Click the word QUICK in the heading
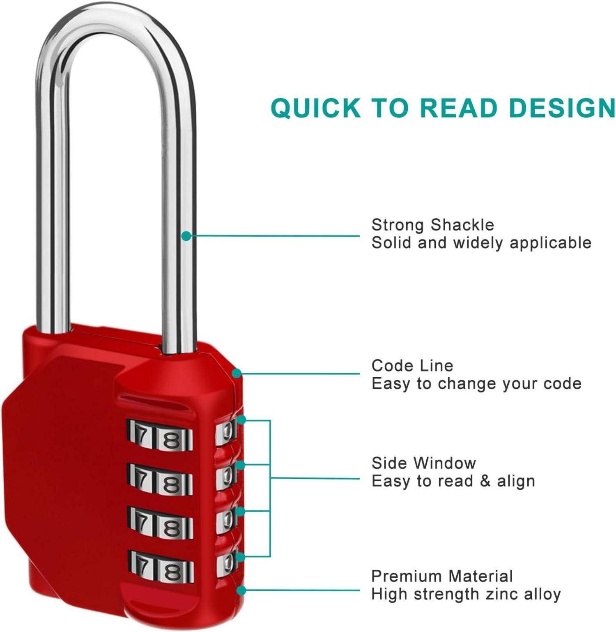[315, 108]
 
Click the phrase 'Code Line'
[412, 365]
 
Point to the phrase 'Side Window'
[423, 463]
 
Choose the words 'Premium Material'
[442, 576]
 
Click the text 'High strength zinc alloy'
[466, 594]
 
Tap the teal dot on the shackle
[186, 236]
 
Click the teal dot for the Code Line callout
[237, 373]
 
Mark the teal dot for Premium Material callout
[241, 590]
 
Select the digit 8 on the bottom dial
[172, 572]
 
